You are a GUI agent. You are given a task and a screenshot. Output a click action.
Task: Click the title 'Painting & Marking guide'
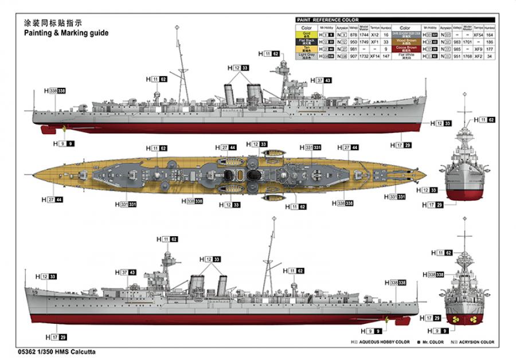coord(65,33)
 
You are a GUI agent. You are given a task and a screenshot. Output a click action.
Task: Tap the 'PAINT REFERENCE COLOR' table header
coord(324,20)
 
